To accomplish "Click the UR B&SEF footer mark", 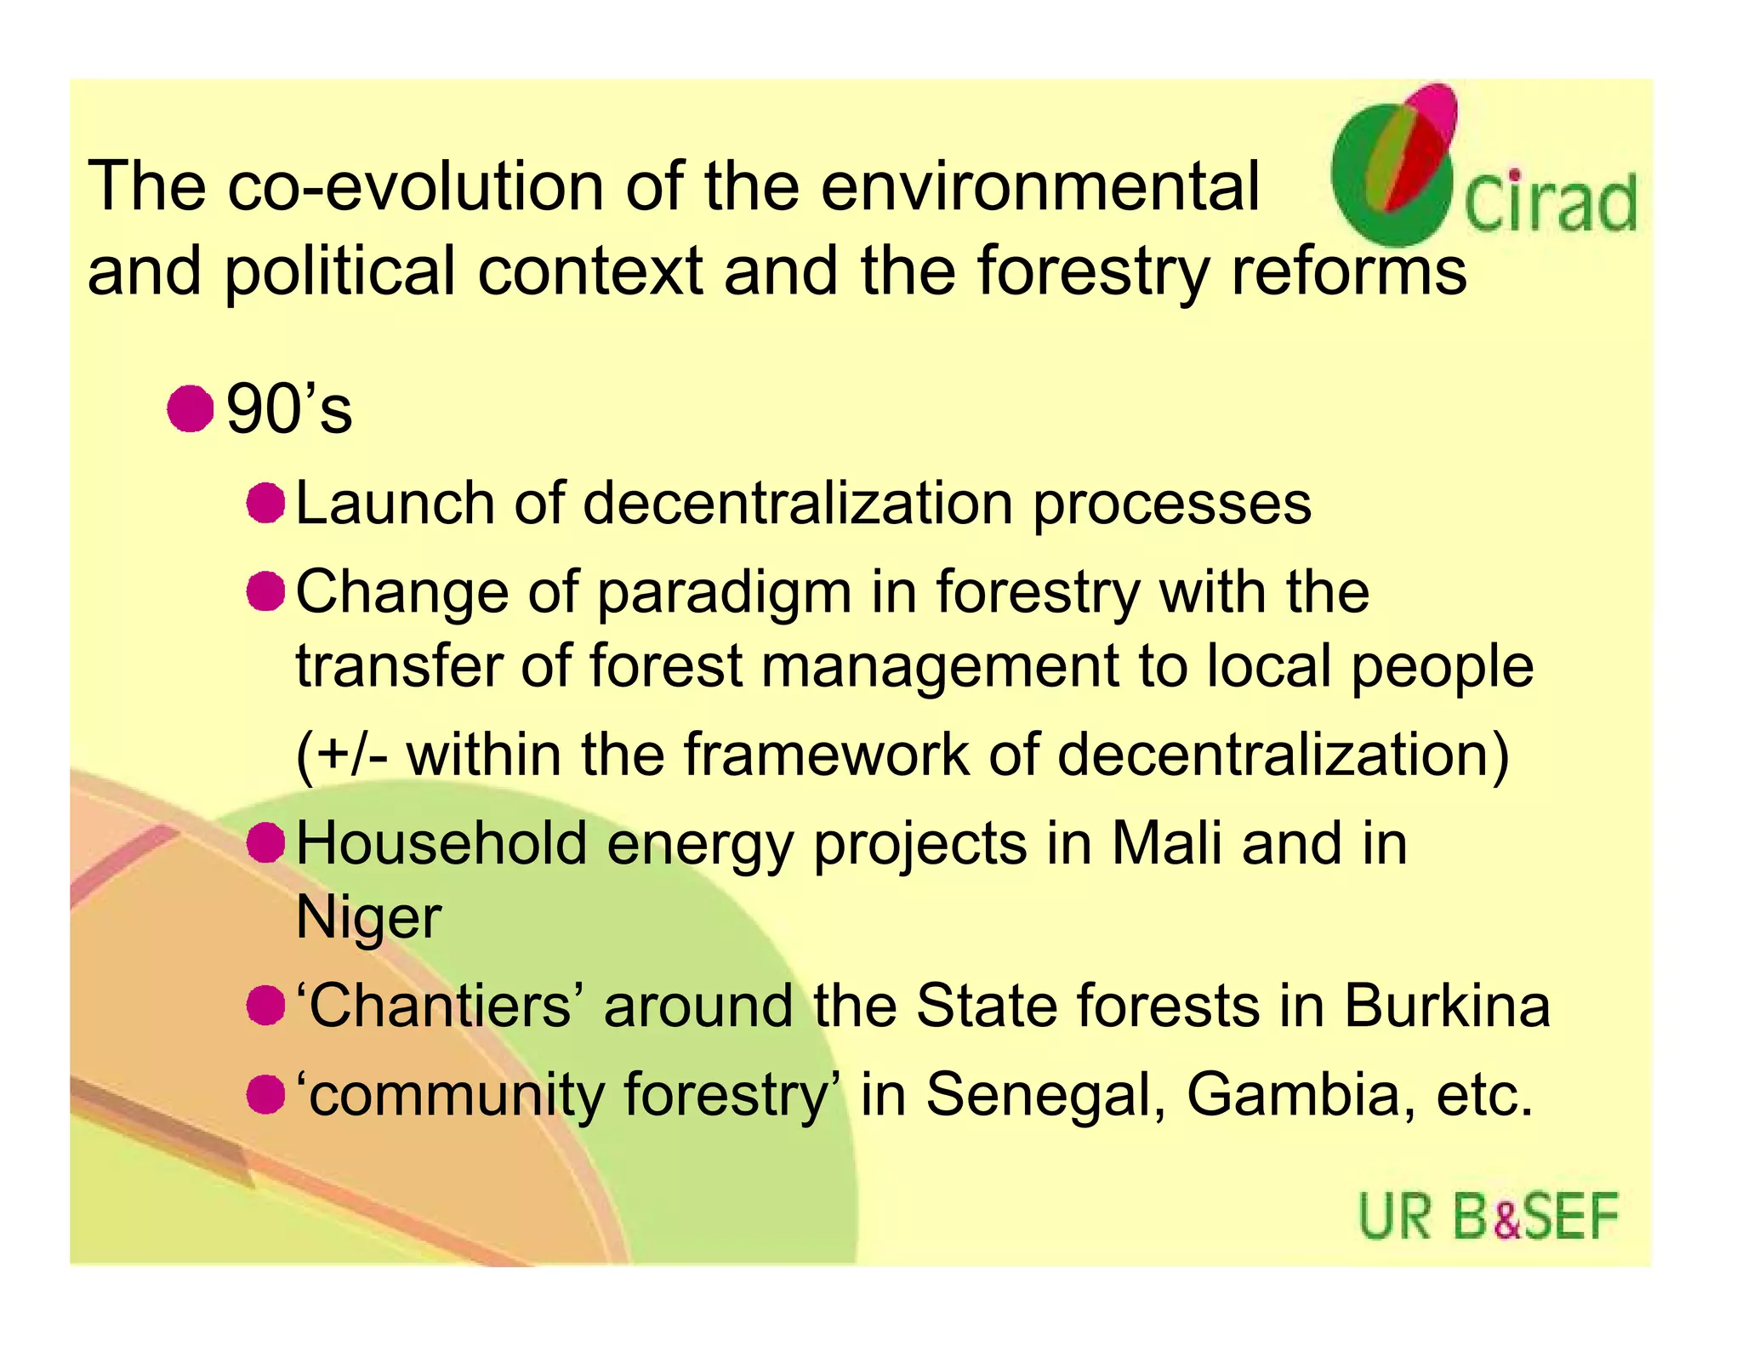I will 1488,1216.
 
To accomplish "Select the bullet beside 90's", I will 190,409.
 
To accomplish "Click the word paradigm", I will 724,593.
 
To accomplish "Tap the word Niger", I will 368,917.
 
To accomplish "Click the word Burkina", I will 1447,1006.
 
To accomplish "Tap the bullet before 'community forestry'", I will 265,1094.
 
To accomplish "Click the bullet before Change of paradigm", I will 265,591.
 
